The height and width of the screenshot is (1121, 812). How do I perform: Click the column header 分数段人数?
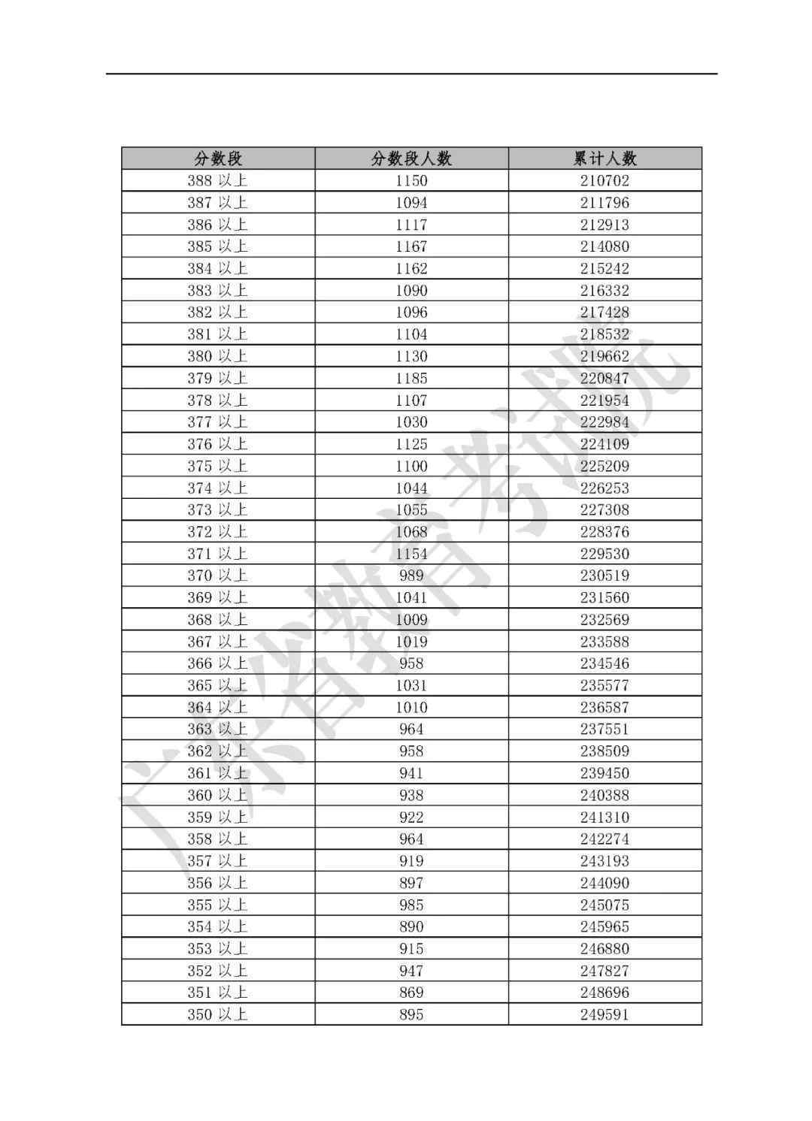pyautogui.click(x=411, y=159)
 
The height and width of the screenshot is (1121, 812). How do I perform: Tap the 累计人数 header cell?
pyautogui.click(x=604, y=159)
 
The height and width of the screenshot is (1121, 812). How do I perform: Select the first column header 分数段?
pyautogui.click(x=218, y=159)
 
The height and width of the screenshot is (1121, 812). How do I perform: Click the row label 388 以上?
pyautogui.click(x=217, y=180)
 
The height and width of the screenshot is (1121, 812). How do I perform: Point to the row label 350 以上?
pyautogui.click(x=217, y=1014)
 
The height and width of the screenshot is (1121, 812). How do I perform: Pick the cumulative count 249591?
pyautogui.click(x=604, y=1014)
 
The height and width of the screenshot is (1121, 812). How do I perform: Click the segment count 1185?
pyautogui.click(x=411, y=378)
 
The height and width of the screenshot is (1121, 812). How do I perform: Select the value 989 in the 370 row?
pyautogui.click(x=411, y=576)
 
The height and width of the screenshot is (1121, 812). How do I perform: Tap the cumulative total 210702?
pyautogui.click(x=604, y=180)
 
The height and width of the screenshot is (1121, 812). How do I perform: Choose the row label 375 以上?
pyautogui.click(x=217, y=466)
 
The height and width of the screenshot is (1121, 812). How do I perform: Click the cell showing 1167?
pyautogui.click(x=411, y=246)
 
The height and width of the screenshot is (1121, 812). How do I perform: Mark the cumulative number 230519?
pyautogui.click(x=604, y=576)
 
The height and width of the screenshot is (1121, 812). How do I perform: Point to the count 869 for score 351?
pyautogui.click(x=411, y=993)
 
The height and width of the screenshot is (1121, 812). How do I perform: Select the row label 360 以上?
pyautogui.click(x=217, y=795)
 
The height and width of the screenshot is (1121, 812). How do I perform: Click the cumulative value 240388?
pyautogui.click(x=604, y=795)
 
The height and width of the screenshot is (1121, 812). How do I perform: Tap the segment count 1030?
pyautogui.click(x=411, y=422)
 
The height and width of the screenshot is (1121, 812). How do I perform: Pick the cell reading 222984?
pyautogui.click(x=604, y=422)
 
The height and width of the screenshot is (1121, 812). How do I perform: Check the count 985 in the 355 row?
pyautogui.click(x=411, y=905)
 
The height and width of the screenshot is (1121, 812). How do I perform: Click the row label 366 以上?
pyautogui.click(x=217, y=663)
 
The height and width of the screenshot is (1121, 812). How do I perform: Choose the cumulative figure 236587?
pyautogui.click(x=604, y=707)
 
